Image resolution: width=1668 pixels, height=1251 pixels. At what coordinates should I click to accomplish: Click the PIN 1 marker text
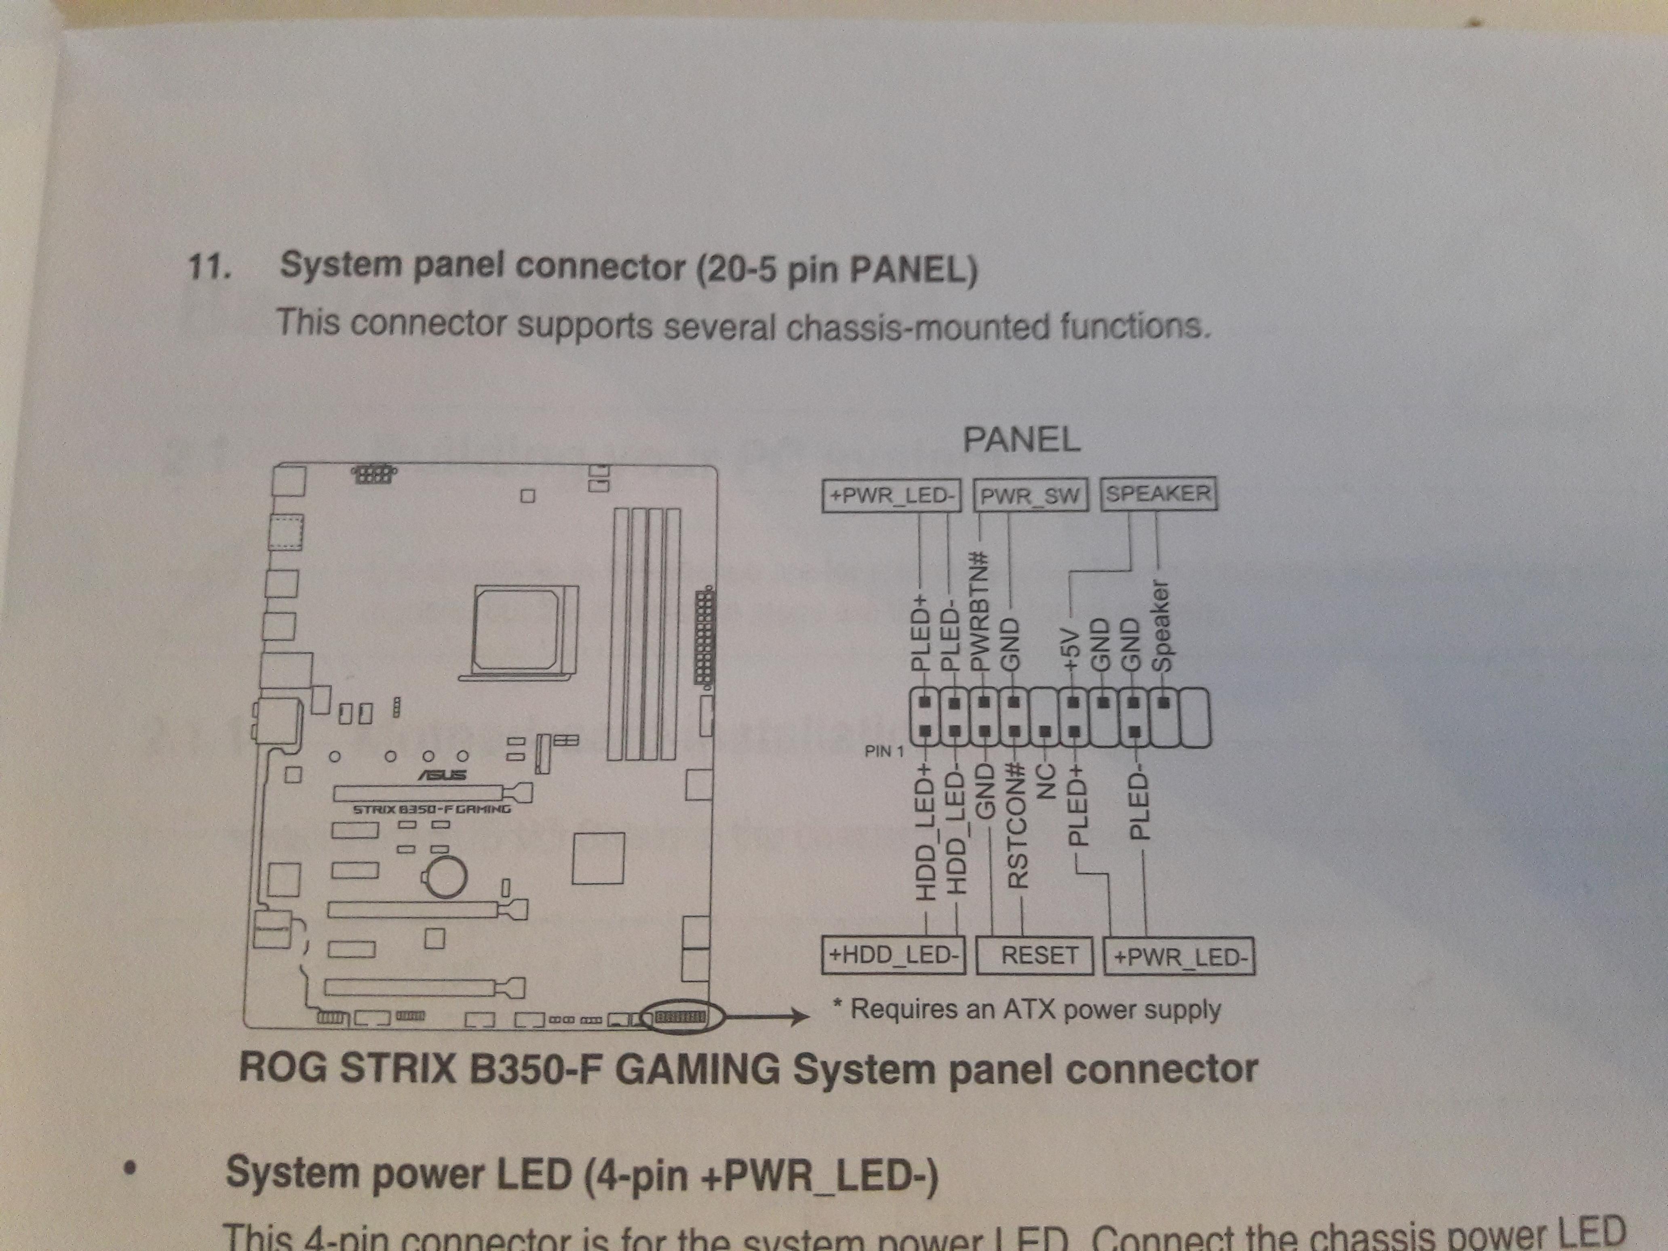click(884, 751)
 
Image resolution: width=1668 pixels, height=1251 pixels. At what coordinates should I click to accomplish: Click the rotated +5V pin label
click(1069, 648)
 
